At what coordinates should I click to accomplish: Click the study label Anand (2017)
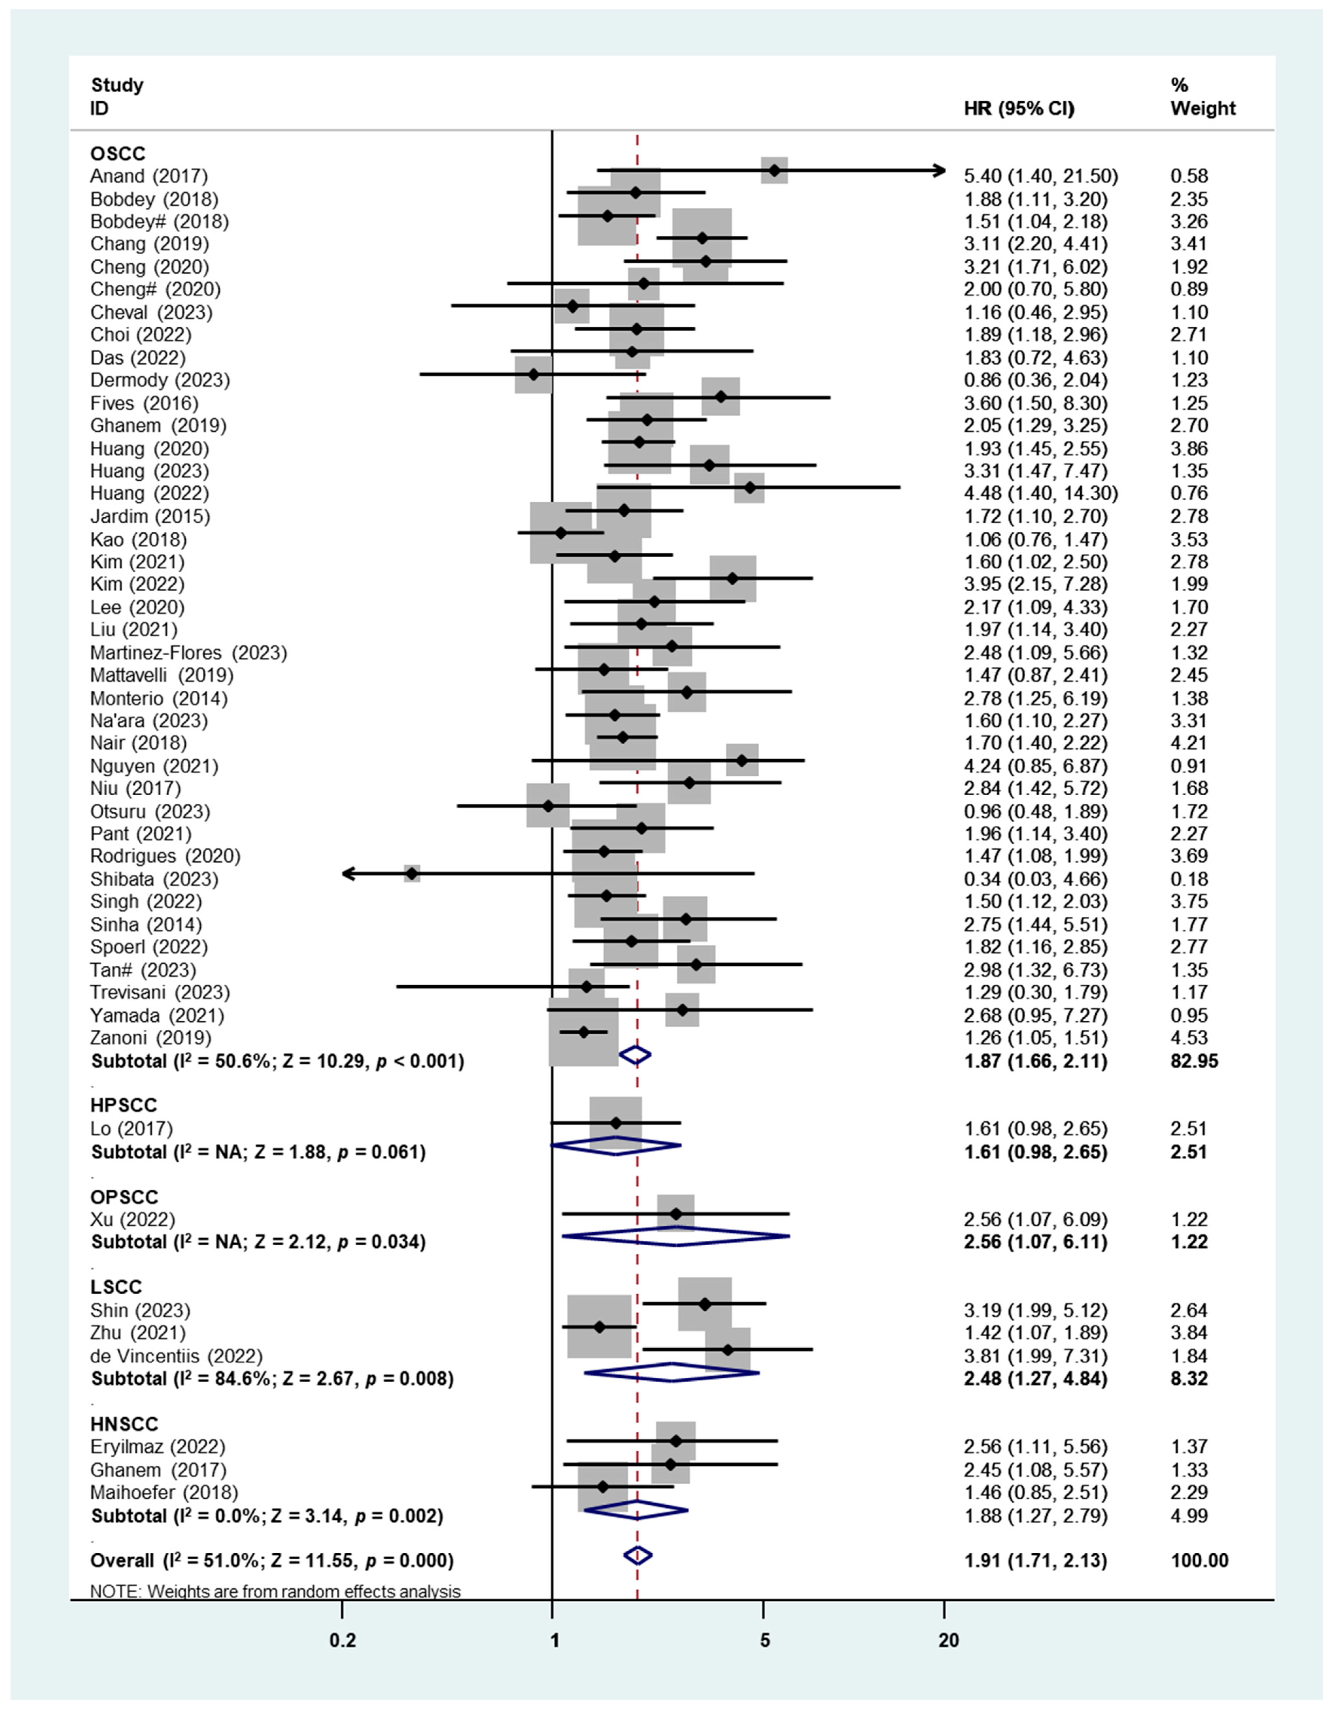pyautogui.click(x=149, y=176)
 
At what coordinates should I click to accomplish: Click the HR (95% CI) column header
pyautogui.click(x=1019, y=109)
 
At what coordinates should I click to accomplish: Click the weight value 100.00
pyautogui.click(x=1199, y=1560)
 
